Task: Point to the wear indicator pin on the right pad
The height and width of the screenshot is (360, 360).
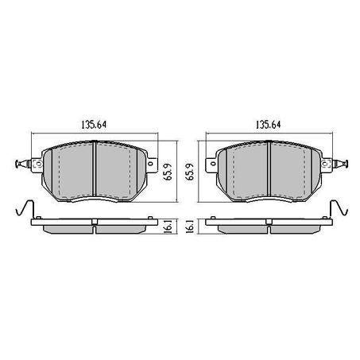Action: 343,165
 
